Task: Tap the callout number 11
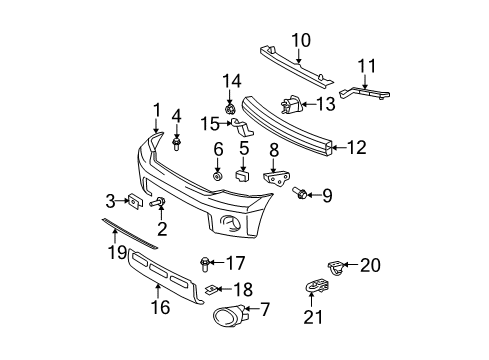367,67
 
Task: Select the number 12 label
356,147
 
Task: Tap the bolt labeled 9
300,193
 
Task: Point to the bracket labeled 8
275,180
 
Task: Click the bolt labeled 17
205,264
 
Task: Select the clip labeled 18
213,289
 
